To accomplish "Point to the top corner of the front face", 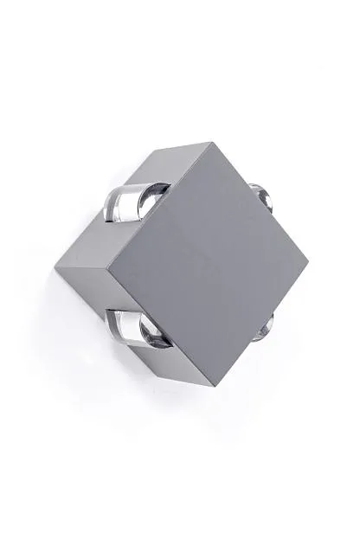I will click(211, 142).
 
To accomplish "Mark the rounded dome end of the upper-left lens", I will click(157, 195).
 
